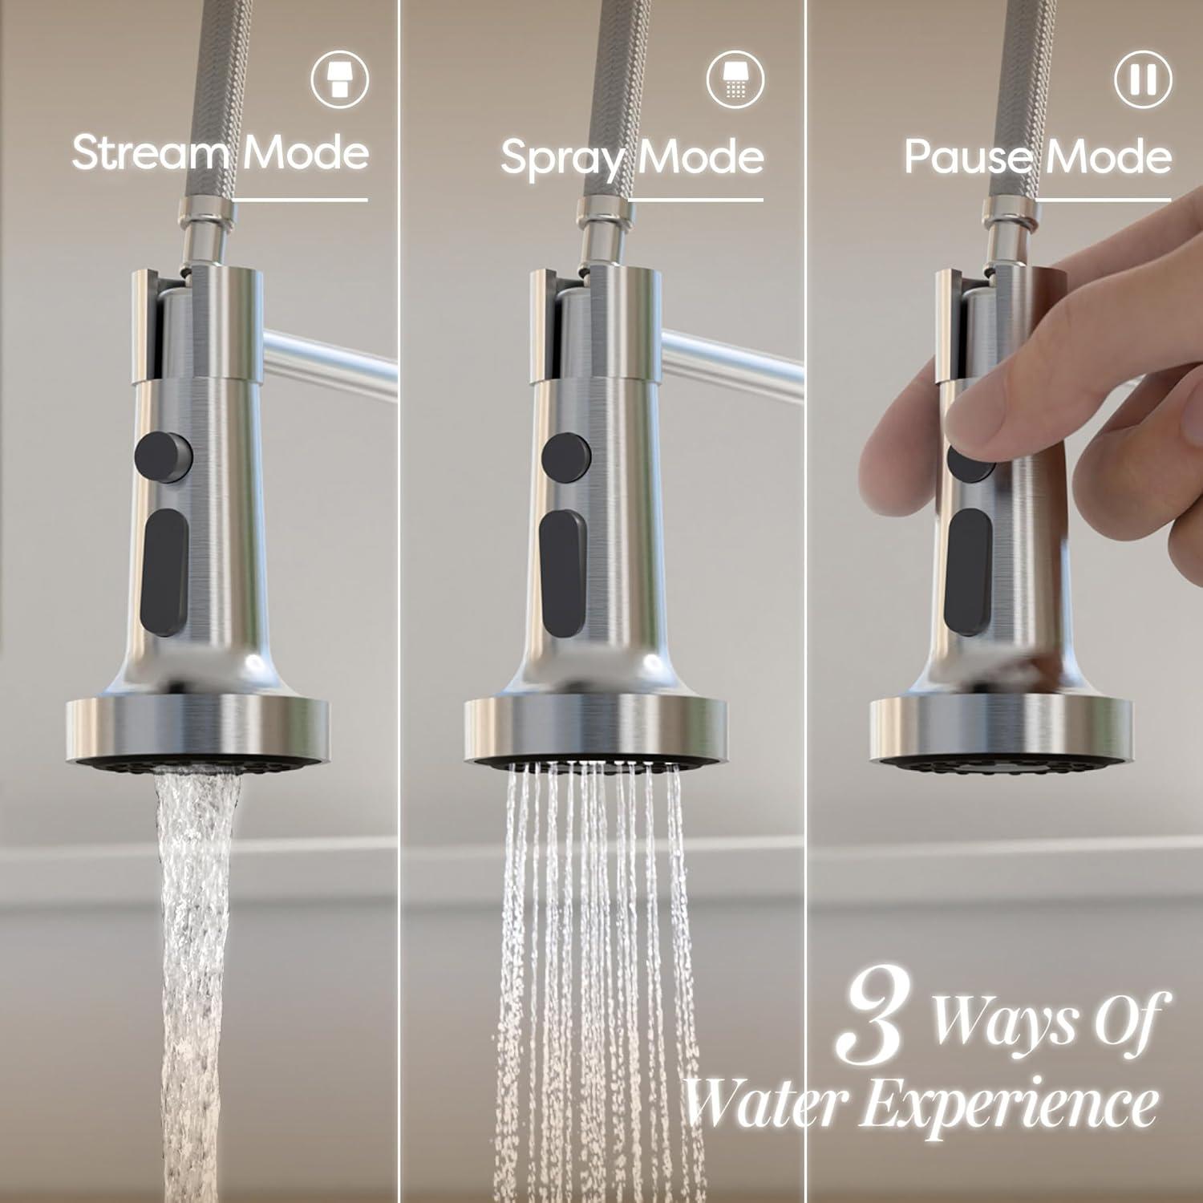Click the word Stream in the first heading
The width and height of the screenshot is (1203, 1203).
tap(152, 152)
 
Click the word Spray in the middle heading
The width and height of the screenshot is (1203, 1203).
tap(561, 158)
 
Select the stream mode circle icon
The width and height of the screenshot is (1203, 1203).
tap(340, 79)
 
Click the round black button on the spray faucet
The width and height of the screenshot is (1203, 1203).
tap(566, 457)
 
